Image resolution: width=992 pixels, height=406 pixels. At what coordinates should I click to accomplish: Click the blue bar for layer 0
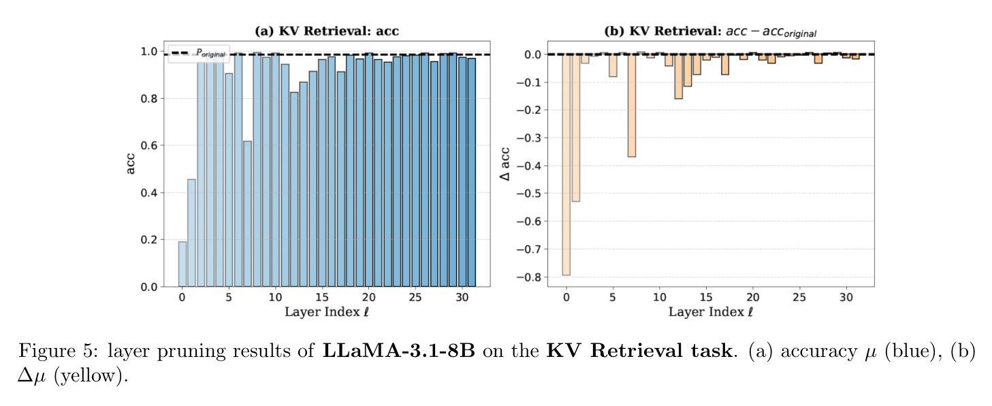click(x=182, y=264)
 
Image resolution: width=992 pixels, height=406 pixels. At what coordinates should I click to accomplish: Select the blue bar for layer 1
click(x=191, y=232)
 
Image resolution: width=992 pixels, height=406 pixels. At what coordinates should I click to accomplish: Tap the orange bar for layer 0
click(x=566, y=164)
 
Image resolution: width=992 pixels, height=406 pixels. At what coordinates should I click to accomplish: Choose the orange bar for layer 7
click(x=631, y=106)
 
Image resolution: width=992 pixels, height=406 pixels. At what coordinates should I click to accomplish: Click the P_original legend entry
click(x=199, y=53)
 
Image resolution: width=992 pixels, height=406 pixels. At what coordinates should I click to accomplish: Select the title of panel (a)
click(x=326, y=31)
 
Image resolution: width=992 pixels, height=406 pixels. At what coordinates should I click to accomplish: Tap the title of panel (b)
click(x=710, y=31)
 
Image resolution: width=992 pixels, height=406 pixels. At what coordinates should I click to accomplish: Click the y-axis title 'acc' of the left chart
click(x=131, y=163)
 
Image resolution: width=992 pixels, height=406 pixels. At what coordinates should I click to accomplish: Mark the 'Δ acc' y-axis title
click(x=505, y=164)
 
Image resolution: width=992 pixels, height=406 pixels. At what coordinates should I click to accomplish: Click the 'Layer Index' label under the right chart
click(x=710, y=312)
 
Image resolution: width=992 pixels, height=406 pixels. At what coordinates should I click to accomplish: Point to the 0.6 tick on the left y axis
click(x=148, y=146)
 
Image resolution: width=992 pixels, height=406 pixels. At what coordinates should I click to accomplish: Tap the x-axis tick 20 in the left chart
click(x=368, y=298)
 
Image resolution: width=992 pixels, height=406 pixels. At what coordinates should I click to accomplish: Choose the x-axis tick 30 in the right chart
click(x=846, y=298)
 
